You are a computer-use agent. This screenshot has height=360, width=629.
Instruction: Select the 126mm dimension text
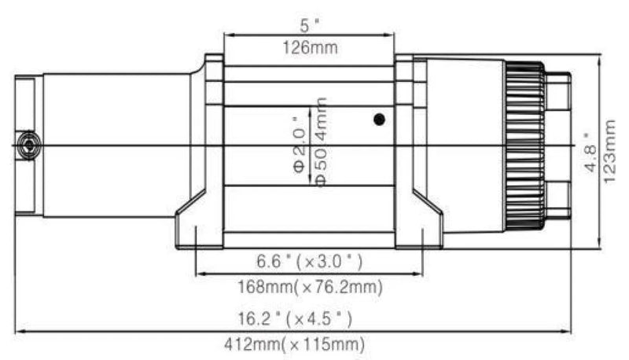tap(309, 47)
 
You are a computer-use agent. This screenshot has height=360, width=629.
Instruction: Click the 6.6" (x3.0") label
tap(309, 260)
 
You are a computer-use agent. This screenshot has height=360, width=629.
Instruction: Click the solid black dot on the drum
tap(380, 120)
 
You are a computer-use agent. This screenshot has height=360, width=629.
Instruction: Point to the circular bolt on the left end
tap(29, 145)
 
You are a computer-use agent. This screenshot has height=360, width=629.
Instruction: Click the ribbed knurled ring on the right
tap(524, 145)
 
